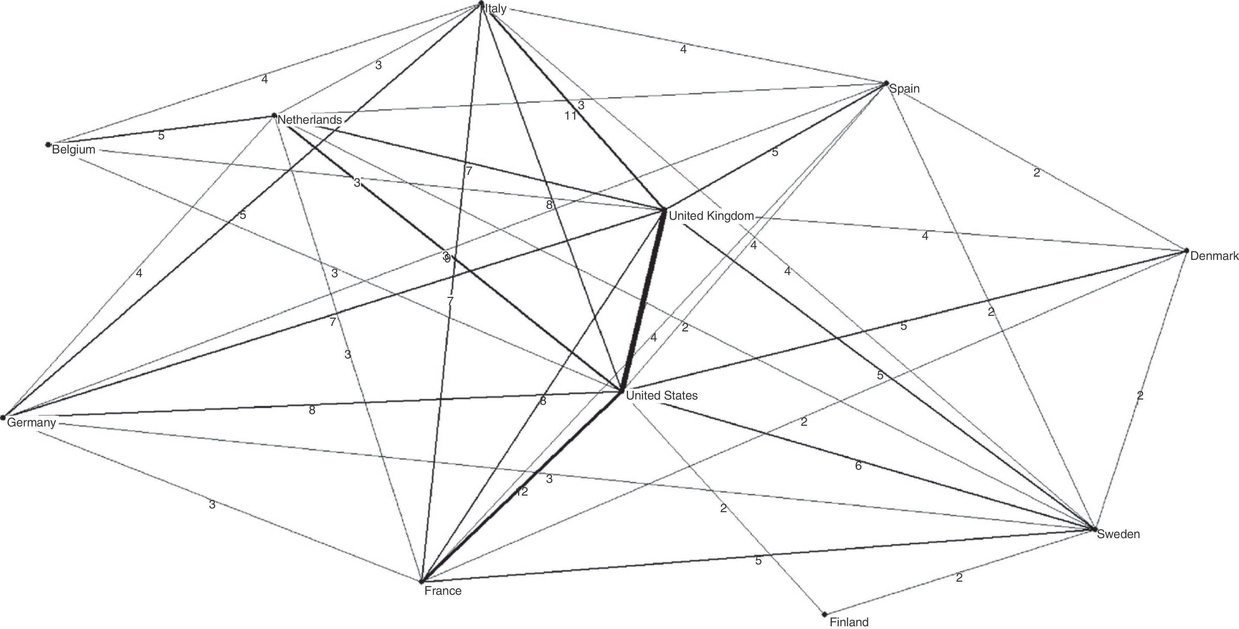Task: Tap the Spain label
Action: tap(904, 88)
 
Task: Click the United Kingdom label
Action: tap(711, 216)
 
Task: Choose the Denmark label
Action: tap(1213, 256)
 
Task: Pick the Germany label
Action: tap(31, 422)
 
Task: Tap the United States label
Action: tap(662, 395)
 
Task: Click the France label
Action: tap(443, 591)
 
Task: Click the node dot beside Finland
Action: tap(824, 614)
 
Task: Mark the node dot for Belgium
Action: tap(48, 144)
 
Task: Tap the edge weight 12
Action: tap(522, 491)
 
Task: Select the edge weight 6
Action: tap(858, 466)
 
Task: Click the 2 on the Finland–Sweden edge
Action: tap(959, 578)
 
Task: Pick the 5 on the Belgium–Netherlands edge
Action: tap(161, 135)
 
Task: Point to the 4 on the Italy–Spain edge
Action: tap(683, 49)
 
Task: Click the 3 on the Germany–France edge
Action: tap(212, 505)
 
